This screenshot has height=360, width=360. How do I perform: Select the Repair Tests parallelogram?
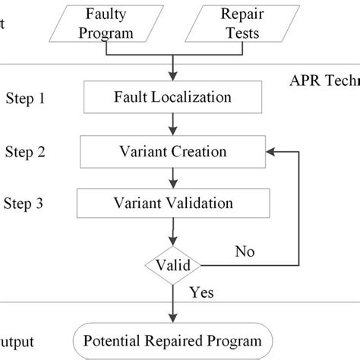click(232, 23)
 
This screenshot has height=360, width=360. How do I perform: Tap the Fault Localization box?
click(172, 97)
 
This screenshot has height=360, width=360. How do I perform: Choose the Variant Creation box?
click(172, 151)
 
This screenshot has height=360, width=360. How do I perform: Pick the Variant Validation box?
click(172, 204)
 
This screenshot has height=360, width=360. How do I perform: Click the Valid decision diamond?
click(173, 265)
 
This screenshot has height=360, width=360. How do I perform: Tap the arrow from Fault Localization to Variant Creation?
click(173, 124)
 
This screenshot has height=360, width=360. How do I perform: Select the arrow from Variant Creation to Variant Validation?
click(173, 178)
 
